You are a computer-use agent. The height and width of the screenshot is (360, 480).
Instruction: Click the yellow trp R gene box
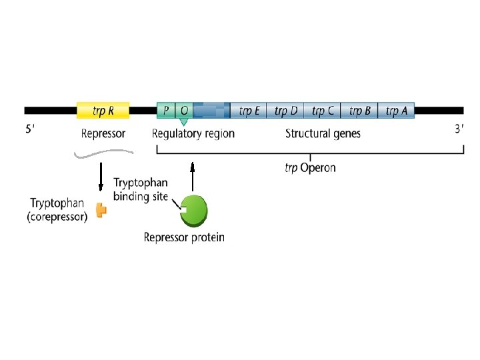(103, 110)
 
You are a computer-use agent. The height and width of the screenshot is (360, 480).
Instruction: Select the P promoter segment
(165, 110)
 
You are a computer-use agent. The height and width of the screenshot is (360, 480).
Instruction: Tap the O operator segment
(184, 110)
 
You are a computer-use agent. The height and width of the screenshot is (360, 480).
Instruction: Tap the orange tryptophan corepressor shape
(101, 210)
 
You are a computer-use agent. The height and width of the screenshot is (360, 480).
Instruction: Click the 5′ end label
(31, 130)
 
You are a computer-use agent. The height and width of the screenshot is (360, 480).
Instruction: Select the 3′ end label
(459, 129)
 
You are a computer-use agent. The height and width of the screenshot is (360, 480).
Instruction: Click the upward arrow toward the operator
(193, 177)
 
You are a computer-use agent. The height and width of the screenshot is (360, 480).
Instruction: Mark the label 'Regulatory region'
(193, 133)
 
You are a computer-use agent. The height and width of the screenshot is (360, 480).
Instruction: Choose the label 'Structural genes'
(323, 133)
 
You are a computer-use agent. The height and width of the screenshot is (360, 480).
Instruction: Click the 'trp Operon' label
(311, 168)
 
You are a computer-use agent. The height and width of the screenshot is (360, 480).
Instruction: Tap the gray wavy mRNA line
(103, 155)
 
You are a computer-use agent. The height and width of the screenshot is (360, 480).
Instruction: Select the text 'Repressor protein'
(184, 237)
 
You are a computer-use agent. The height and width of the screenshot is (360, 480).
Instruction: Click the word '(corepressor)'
(57, 217)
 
